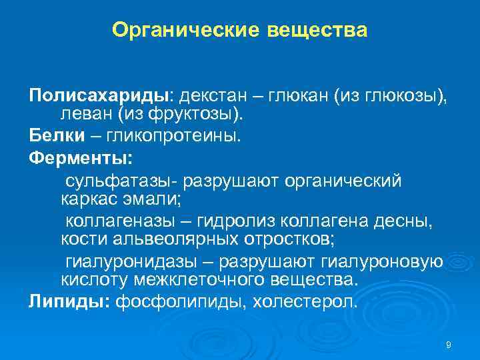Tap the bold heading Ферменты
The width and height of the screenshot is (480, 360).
pos(81,158)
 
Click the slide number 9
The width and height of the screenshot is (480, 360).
pos(448,345)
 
